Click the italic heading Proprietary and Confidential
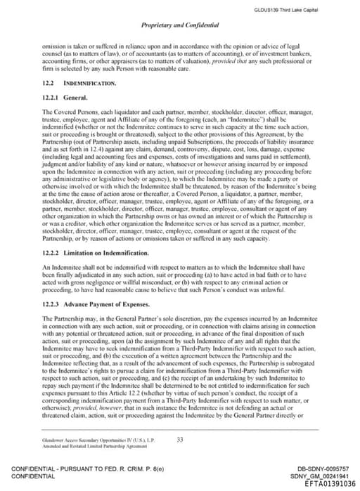(180, 25)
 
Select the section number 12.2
(49, 83)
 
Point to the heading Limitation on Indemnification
(96, 232)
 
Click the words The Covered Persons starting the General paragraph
(66, 112)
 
